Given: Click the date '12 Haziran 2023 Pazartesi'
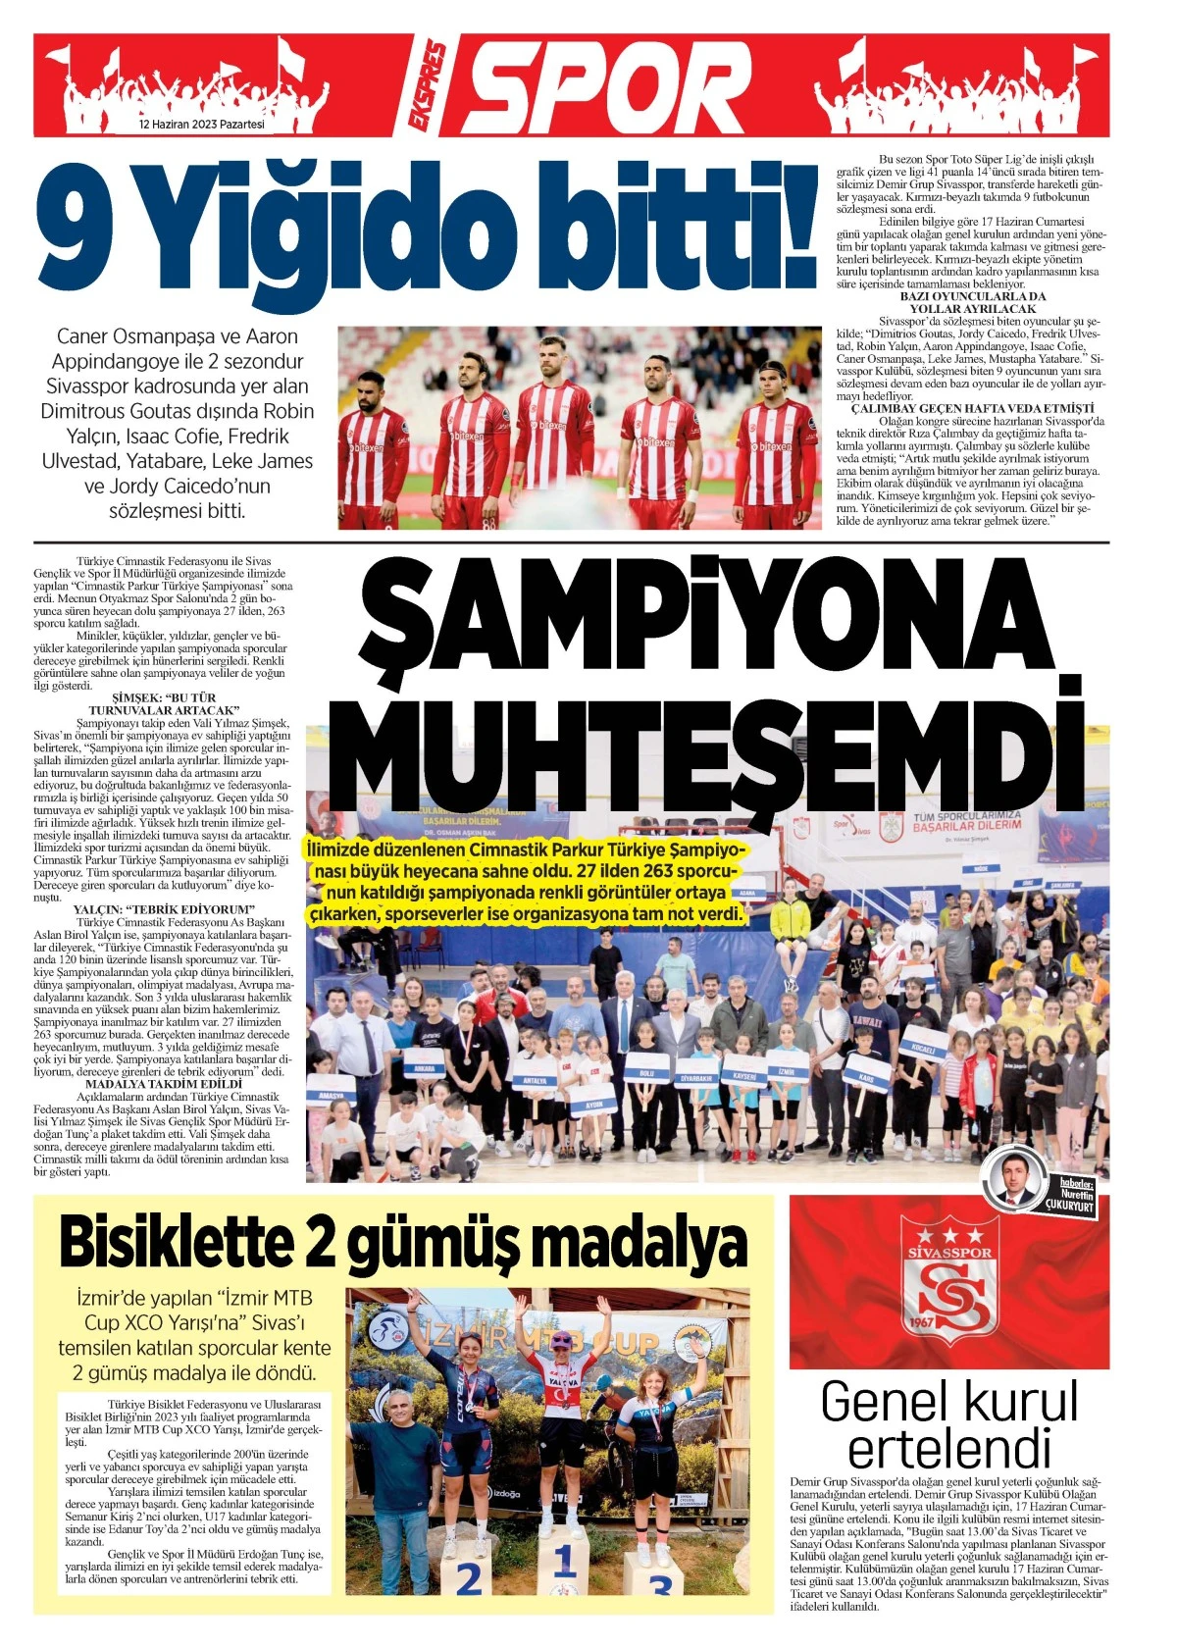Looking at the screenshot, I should click(x=202, y=125).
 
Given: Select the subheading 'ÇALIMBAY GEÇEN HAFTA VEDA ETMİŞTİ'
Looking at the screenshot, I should click(x=972, y=408).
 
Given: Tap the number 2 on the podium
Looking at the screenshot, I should click(x=469, y=1580).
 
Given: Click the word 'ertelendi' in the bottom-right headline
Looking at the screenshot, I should click(x=948, y=1448).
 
